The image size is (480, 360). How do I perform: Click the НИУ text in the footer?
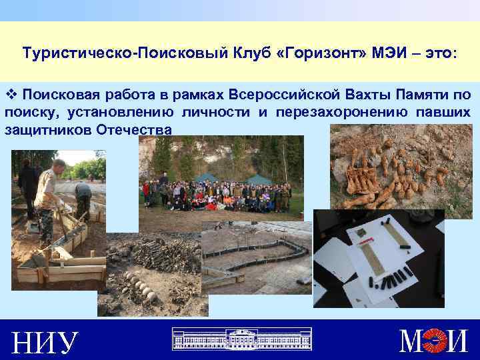(x=45, y=343)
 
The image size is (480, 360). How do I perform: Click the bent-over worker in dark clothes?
(x=83, y=197)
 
